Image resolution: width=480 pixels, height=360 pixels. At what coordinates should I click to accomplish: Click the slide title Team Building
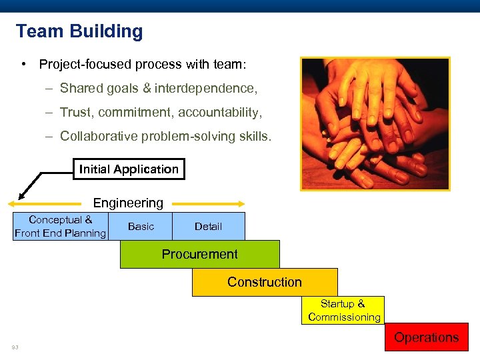point(79,31)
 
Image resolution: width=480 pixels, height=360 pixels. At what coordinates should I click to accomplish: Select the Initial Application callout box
point(129,169)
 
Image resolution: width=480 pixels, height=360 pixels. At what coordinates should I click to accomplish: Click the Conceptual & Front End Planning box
point(60,227)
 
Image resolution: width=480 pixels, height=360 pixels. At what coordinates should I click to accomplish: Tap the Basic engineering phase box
point(141,227)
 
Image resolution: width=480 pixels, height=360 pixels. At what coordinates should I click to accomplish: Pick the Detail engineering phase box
point(208,227)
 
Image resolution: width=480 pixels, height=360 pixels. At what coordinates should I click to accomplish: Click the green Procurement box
point(199,254)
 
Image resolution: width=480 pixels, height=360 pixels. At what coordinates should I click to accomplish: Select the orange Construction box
point(265,282)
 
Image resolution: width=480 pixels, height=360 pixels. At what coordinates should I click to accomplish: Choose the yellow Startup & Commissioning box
point(344,311)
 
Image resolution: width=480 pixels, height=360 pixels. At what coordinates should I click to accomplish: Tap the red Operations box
point(426,337)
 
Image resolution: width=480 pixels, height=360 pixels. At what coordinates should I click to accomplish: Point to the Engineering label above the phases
point(128,203)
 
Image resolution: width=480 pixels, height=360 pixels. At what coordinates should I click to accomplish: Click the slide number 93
point(15,347)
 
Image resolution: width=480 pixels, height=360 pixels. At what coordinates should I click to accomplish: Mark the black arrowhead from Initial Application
point(21,195)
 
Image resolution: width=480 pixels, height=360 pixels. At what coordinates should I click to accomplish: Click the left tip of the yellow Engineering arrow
point(10,203)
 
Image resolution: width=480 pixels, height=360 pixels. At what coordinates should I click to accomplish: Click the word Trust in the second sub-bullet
point(75,113)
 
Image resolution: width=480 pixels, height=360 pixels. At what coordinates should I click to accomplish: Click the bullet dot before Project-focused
point(23,65)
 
